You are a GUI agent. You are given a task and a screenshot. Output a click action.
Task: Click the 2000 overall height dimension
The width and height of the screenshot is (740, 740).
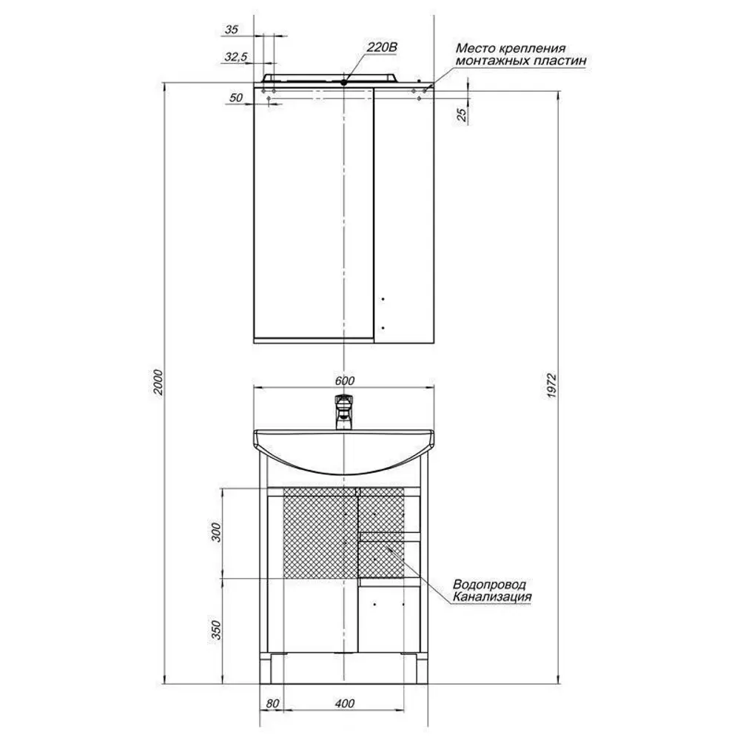158,383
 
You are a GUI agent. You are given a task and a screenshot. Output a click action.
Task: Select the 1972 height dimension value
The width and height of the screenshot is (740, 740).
553,386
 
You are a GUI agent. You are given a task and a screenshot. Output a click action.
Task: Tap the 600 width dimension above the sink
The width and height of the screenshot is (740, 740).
345,380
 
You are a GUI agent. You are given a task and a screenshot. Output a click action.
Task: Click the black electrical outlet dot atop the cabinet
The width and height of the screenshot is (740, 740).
344,82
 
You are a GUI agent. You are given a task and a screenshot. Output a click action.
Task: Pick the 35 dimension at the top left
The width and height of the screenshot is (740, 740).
231,30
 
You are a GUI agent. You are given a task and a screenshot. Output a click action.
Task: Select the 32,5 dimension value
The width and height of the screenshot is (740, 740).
235,57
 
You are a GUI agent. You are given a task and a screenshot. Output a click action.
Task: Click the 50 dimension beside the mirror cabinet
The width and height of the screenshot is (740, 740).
235,98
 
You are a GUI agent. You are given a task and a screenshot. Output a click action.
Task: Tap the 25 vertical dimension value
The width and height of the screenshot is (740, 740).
462,115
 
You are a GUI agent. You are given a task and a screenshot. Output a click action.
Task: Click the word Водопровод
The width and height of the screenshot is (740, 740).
489,585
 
